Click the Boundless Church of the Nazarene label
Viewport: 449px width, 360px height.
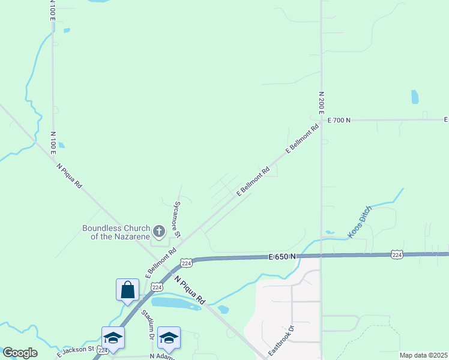click(116, 232)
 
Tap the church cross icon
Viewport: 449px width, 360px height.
click(159, 231)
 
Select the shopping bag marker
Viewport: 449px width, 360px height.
click(127, 290)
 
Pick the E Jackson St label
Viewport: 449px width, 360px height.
click(76, 351)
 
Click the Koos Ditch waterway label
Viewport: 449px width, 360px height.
click(360, 222)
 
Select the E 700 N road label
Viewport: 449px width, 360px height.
click(339, 120)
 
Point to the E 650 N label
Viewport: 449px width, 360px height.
click(282, 257)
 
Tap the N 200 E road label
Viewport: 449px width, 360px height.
click(322, 103)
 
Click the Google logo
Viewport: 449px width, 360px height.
click(20, 353)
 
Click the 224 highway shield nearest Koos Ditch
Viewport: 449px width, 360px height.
click(397, 254)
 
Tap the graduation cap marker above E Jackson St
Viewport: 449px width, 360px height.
click(113, 337)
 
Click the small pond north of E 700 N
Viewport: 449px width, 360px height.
click(415, 97)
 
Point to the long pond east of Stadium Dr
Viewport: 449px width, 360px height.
click(175, 304)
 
